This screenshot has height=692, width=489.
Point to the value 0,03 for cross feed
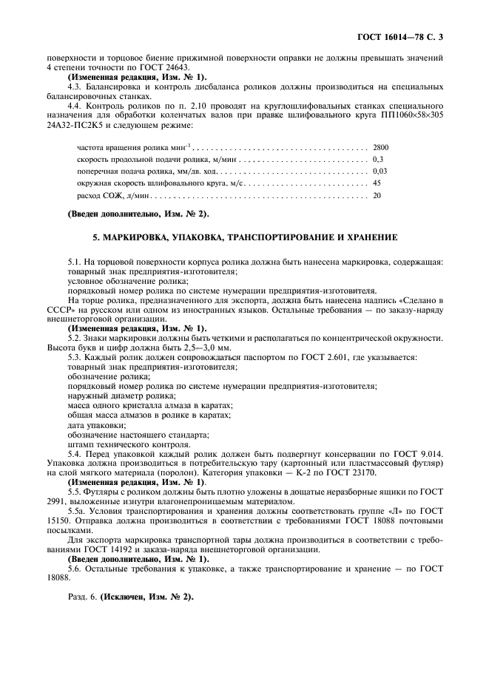point(380,171)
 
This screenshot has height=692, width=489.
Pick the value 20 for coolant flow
point(377,195)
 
